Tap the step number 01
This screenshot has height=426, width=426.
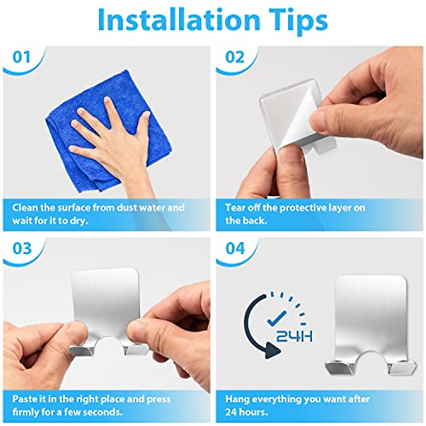(x=21, y=57)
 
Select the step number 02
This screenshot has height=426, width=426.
(x=235, y=57)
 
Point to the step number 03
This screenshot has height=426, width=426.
(x=22, y=248)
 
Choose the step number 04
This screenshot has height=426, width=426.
(x=235, y=248)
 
